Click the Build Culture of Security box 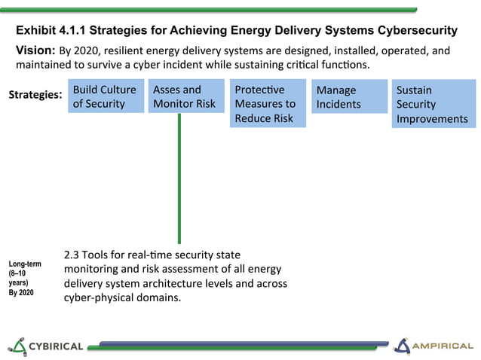106,96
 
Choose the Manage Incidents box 348,97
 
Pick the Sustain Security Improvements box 432,105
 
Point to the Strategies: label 35,96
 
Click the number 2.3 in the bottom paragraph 73,255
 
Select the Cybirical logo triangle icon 17,346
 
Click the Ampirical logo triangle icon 404,346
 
